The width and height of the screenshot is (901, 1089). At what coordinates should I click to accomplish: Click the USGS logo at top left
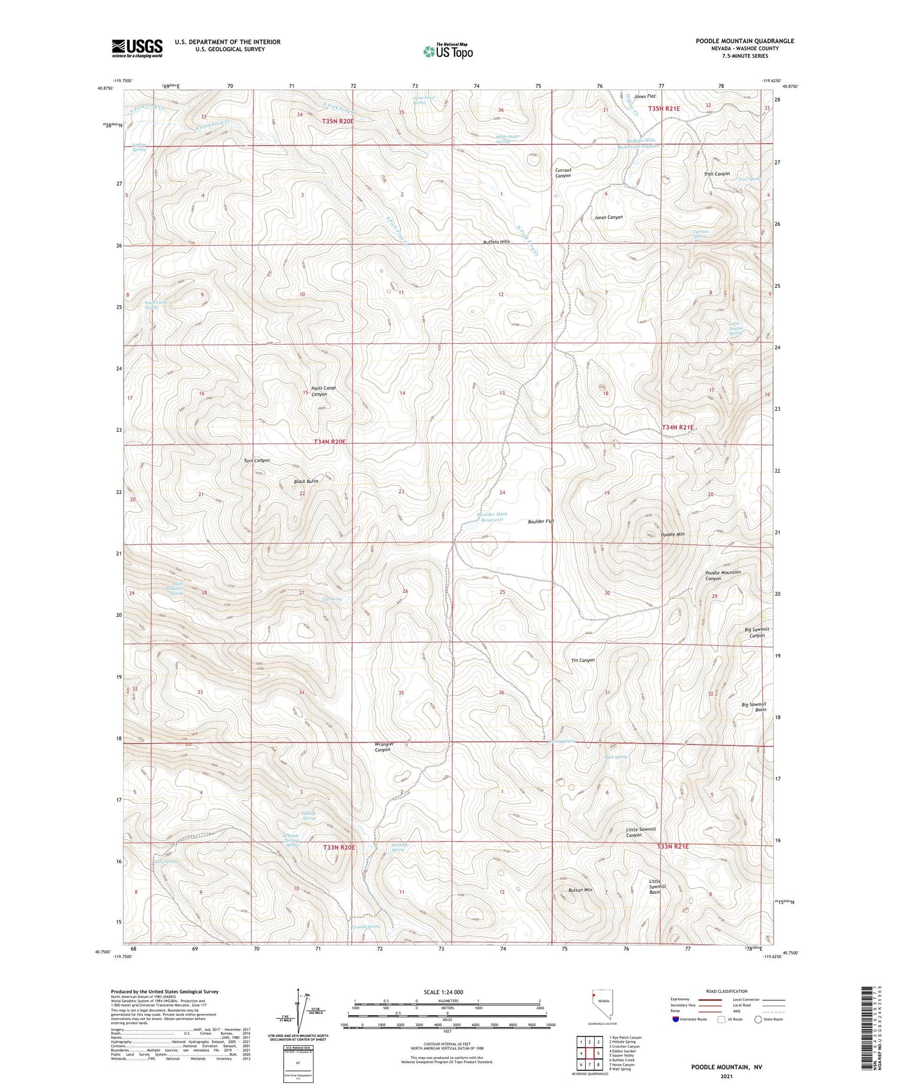137,48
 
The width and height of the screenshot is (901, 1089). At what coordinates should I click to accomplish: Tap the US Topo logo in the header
447,51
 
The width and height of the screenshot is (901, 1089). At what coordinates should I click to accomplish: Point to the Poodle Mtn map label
672,534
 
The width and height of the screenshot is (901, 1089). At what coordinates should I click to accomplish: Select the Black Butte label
306,481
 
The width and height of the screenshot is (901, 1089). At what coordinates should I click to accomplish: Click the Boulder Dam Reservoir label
491,517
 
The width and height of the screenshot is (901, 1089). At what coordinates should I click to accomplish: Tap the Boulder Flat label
541,521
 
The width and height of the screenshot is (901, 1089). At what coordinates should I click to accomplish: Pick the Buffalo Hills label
496,242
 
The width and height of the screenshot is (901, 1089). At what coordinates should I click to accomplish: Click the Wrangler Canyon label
384,747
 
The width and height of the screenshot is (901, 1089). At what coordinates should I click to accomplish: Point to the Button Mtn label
580,890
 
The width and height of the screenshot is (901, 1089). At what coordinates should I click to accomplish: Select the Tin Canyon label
583,660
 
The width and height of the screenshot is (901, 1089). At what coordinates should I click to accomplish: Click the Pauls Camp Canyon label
323,391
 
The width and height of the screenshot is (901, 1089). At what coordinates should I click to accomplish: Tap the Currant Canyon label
563,173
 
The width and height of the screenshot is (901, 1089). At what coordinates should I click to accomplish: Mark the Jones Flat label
645,96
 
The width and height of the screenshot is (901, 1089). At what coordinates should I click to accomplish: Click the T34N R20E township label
330,441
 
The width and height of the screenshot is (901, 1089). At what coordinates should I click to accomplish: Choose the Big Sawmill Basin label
754,706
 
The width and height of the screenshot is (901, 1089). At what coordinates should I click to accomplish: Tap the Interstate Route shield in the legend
675,1019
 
